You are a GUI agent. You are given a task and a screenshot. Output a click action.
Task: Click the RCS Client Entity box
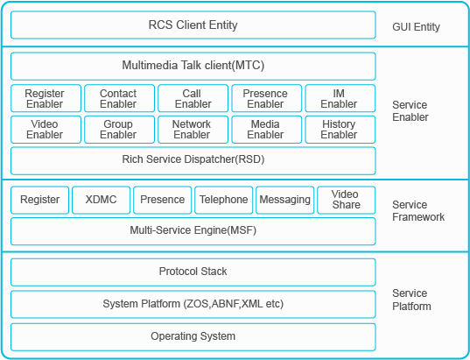pyautogui.click(x=193, y=25)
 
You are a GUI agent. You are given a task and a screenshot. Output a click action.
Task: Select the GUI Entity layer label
pyautogui.click(x=416, y=27)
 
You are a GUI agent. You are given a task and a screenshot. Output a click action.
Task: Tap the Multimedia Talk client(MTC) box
pyautogui.click(x=193, y=66)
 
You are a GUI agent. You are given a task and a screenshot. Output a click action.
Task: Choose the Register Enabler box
pyautogui.click(x=46, y=98)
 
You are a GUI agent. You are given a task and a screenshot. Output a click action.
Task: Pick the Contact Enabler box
pyautogui.click(x=119, y=98)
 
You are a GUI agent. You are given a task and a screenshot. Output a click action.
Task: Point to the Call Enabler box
pyautogui.click(x=193, y=98)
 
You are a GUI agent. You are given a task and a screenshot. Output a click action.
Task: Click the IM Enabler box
pyautogui.click(x=340, y=98)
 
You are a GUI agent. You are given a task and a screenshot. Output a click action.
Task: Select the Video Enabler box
pyautogui.click(x=46, y=130)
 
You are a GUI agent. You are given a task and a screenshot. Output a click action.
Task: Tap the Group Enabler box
pyautogui.click(x=119, y=130)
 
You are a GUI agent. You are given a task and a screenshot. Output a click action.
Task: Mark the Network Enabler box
pyautogui.click(x=193, y=130)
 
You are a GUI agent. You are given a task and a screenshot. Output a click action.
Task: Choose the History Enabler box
pyautogui.click(x=340, y=130)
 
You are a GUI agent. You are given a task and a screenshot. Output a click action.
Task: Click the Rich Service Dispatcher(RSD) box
pyautogui.click(x=193, y=161)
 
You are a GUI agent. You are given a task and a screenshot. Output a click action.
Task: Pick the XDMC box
pyautogui.click(x=102, y=200)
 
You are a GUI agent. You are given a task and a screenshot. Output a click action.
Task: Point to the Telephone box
pyautogui.click(x=223, y=200)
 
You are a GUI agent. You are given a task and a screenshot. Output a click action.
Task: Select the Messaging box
pyautogui.click(x=285, y=200)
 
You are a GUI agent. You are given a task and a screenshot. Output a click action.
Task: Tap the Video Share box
pyautogui.click(x=347, y=200)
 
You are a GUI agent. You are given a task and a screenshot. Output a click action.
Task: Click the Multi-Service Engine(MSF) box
pyautogui.click(x=193, y=231)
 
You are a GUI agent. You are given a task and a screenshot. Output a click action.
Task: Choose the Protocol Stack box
pyautogui.click(x=193, y=272)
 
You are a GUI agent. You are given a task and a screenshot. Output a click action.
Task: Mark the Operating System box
pyautogui.click(x=193, y=337)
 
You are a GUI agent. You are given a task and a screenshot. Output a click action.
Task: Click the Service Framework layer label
pyautogui.click(x=418, y=210)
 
